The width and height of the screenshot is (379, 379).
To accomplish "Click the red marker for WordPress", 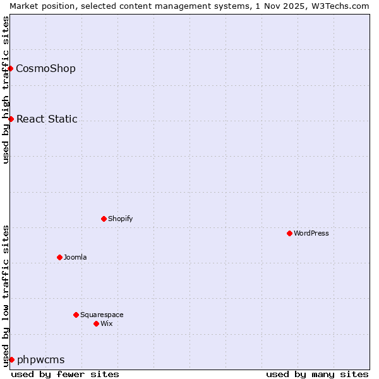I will (289, 233).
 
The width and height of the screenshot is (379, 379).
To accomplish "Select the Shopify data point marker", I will (104, 219).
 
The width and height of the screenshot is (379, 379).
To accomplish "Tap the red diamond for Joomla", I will (59, 257).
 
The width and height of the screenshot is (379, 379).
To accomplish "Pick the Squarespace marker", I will (76, 315).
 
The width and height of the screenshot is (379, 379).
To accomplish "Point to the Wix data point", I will (96, 323).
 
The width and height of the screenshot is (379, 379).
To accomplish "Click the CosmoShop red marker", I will (11, 68).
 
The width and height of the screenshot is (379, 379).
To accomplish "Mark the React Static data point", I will (11, 119).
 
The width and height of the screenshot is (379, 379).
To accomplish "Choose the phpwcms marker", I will (11, 359).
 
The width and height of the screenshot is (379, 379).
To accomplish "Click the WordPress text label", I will (311, 233).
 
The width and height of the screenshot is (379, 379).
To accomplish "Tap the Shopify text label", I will (121, 219).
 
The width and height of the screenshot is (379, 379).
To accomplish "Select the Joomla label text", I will (75, 257).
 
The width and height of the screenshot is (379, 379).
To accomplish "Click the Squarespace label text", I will (102, 315).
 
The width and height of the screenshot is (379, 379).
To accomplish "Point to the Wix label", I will (107, 323).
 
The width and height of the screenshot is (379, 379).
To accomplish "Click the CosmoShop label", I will (45, 68).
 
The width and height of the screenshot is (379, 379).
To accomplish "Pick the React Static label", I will (47, 119).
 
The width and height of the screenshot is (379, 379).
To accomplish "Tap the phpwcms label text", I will (41, 359).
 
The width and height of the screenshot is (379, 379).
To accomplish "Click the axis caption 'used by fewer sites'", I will (65, 374).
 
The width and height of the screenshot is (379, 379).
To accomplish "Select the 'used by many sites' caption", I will (317, 374).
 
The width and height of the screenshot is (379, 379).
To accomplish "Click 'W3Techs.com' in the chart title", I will (344, 6).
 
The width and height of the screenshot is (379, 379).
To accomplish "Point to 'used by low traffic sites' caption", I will (6, 296).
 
